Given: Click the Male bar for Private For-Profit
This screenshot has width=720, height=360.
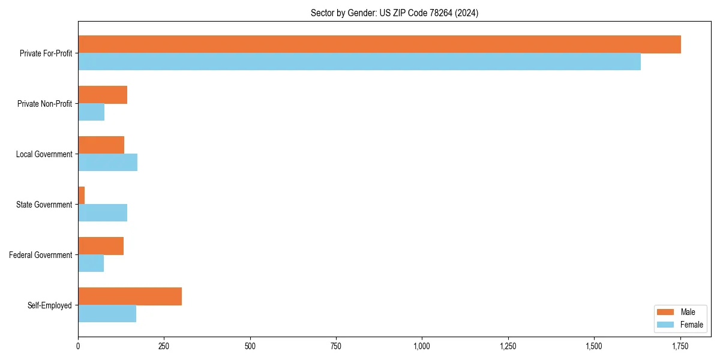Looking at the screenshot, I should tap(379, 44).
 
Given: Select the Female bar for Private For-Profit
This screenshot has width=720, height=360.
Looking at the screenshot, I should tap(359, 62).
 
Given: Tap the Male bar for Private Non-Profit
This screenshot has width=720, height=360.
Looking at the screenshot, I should tap(103, 95).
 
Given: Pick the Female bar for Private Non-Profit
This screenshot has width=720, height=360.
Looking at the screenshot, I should tap(91, 112).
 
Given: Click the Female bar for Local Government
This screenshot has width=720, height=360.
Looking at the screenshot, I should tap(107, 163).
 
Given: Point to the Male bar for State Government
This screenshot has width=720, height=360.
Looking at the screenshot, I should tap(82, 196).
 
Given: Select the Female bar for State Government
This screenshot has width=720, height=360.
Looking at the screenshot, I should tap(103, 213).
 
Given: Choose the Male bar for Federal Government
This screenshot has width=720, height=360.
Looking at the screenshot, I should tap(101, 246).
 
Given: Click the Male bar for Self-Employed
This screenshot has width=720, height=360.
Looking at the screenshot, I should tap(130, 296).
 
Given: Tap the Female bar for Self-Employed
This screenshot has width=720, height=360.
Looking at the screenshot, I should tap(107, 314).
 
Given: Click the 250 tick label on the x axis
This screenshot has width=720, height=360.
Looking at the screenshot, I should tap(164, 346).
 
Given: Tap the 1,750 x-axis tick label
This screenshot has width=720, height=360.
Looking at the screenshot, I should tap(680, 346).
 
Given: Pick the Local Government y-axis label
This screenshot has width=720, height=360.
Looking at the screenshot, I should tap(44, 154).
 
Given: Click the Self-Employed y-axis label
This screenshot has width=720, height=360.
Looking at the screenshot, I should tap(50, 305).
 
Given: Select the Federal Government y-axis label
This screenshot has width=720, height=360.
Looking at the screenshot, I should tap(41, 255).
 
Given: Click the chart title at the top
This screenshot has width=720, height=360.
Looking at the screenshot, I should tap(394, 13).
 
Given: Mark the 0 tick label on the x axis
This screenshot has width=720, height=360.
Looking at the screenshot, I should tap(78, 346).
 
